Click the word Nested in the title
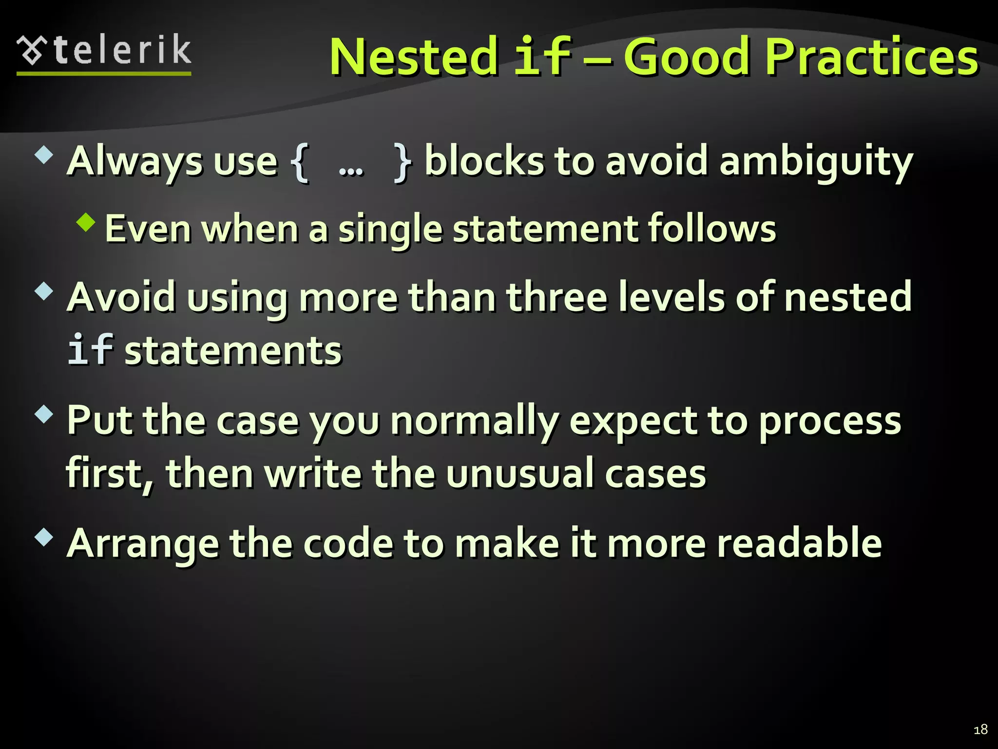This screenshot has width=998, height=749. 413,57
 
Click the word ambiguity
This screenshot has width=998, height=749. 816,162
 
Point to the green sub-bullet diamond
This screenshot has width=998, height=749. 86,222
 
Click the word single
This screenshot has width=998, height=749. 390,229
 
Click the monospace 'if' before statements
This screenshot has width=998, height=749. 90,350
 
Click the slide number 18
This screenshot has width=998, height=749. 980,729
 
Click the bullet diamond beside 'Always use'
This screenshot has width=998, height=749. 44,156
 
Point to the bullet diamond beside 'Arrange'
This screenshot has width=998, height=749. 44,537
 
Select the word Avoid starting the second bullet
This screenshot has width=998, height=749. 121,297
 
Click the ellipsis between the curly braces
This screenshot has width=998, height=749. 351,170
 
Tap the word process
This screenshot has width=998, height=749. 830,421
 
